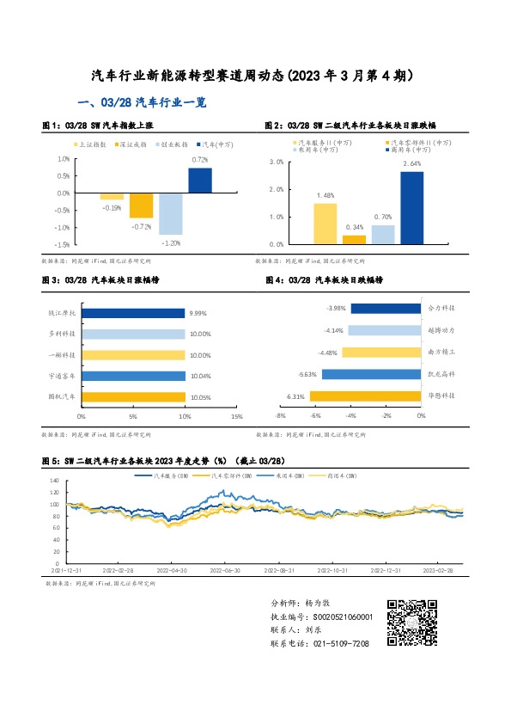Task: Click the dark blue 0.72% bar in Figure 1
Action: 200,181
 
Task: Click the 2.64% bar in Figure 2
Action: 411,207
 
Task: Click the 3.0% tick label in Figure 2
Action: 276,162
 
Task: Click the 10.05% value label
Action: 200,396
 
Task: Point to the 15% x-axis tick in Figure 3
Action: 237,416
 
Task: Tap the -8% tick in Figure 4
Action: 280,415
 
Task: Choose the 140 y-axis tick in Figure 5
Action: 53,481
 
